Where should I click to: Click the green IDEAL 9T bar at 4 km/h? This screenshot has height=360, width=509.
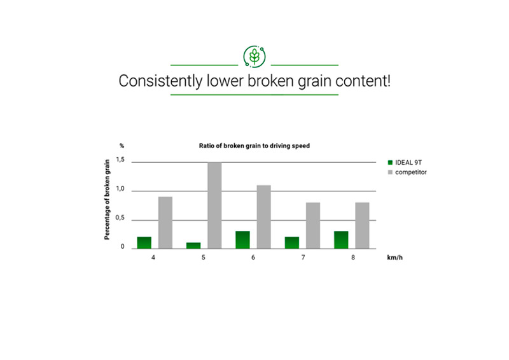144,243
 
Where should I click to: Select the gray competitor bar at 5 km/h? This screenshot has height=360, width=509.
214,205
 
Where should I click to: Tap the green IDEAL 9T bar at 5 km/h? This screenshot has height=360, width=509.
193,246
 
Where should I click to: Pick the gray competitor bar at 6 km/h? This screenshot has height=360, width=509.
264,217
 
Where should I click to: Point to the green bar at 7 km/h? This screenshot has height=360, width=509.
292,243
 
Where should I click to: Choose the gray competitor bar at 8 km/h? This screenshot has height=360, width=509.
362,226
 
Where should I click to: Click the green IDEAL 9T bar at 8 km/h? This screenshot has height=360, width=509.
341,240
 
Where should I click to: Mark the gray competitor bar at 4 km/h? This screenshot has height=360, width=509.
165,223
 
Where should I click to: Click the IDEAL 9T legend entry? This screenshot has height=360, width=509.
405,163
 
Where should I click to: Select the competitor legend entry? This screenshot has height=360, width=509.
407,172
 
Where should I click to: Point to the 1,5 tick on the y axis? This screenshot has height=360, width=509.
120,160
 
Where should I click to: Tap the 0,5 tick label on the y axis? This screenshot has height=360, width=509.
120,218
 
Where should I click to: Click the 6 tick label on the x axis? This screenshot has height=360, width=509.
253,258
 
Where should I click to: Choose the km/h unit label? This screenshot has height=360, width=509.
394,258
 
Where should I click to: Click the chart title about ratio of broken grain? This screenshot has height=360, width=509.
254,146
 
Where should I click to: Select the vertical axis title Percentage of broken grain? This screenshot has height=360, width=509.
107,200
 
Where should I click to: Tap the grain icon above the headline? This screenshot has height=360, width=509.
254,57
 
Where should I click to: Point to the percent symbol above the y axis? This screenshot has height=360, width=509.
122,146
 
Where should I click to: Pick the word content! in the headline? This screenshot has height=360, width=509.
363,81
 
